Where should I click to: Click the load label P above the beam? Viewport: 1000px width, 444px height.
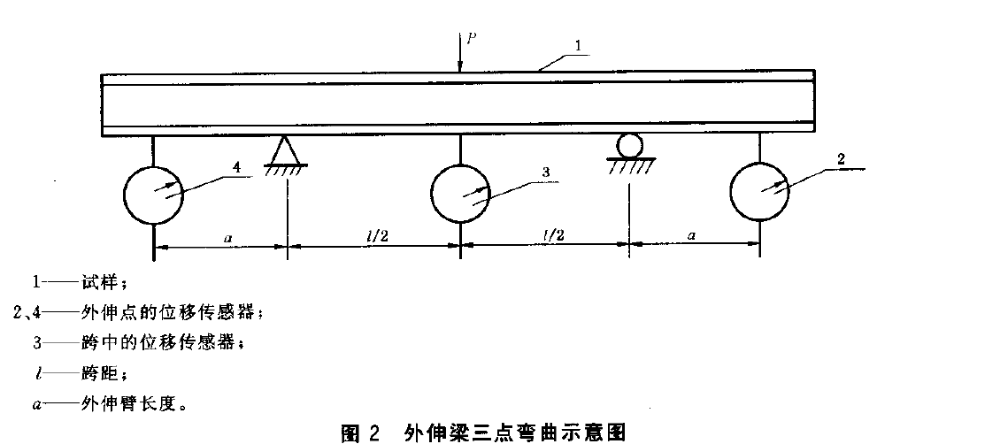click(x=472, y=38)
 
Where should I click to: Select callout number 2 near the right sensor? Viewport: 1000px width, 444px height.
click(x=840, y=159)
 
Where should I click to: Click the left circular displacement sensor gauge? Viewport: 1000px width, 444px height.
click(x=153, y=193)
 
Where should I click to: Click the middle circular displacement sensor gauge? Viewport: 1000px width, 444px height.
click(x=460, y=193)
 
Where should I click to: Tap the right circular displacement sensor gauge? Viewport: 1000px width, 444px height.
click(x=760, y=191)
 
